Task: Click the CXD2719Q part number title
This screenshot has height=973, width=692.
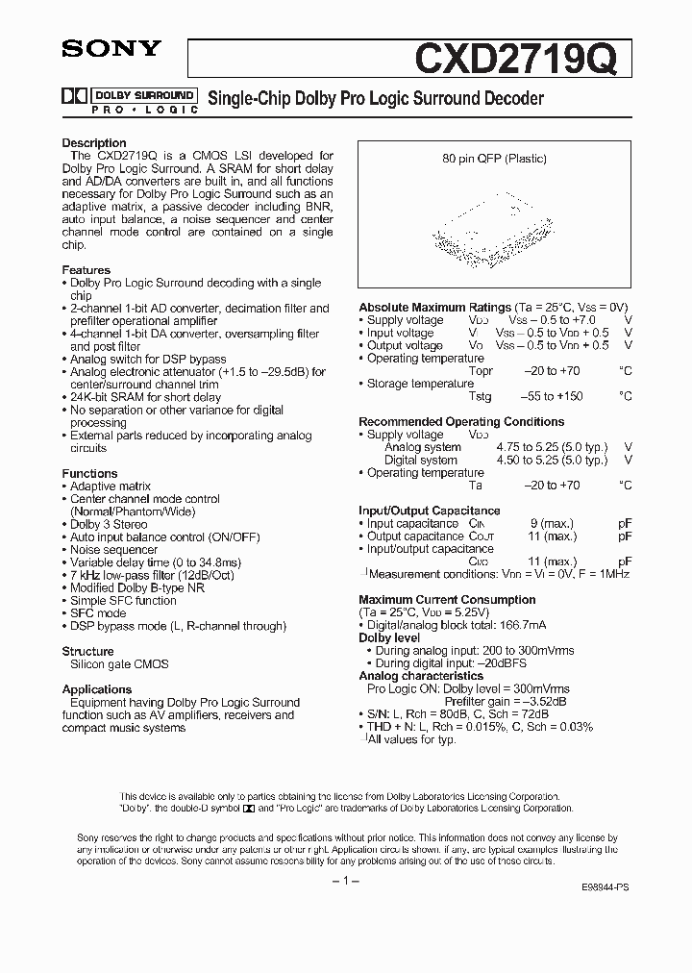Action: (522, 58)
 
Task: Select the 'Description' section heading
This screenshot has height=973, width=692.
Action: (94, 143)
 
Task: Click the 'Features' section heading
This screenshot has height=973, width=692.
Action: (86, 270)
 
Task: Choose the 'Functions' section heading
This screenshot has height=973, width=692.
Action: (89, 473)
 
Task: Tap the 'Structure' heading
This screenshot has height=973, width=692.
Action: (87, 651)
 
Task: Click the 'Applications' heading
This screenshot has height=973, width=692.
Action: (97, 689)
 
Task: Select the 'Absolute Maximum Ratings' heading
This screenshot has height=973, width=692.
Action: (434, 308)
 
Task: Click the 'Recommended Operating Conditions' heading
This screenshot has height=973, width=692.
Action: (461, 421)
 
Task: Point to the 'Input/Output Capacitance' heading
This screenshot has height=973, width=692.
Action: (430, 511)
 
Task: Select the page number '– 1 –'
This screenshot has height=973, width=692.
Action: (344, 881)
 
